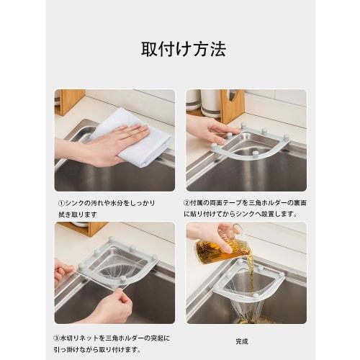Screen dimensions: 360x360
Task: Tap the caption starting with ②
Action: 245,208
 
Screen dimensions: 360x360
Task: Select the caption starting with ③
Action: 114,341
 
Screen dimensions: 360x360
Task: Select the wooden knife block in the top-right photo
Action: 232,104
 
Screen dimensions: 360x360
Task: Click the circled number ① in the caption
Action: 61,204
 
